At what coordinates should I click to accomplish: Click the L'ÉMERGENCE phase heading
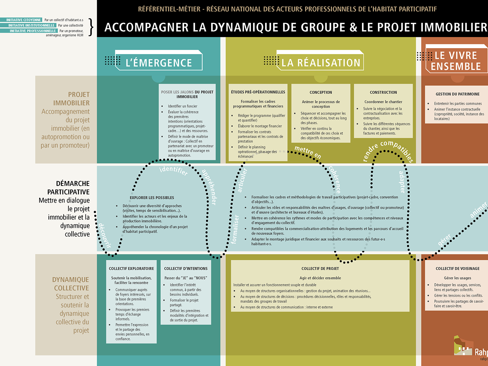(159, 63)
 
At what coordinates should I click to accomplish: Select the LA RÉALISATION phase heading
(321, 63)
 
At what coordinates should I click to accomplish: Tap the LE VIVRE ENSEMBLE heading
(456, 61)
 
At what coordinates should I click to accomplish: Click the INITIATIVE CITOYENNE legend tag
(24, 20)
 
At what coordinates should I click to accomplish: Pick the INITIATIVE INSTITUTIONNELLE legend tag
(31, 26)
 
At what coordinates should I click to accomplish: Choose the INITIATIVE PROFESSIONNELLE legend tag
(33, 31)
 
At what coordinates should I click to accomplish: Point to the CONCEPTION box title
(321, 92)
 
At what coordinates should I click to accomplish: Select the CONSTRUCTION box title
(383, 92)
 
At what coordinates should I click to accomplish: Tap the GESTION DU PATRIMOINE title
(457, 94)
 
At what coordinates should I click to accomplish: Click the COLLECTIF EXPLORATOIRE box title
(131, 269)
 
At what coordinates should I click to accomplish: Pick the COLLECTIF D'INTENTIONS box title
(186, 269)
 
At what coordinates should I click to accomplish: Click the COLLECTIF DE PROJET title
(320, 269)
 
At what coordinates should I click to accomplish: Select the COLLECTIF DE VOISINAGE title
(457, 269)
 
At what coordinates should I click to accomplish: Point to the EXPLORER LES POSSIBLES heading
(152, 198)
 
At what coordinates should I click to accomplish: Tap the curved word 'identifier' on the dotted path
(173, 170)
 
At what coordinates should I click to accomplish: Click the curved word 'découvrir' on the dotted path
(104, 235)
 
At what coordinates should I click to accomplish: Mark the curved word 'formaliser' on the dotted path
(235, 229)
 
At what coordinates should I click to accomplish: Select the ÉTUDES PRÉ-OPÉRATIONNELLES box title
(258, 92)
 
